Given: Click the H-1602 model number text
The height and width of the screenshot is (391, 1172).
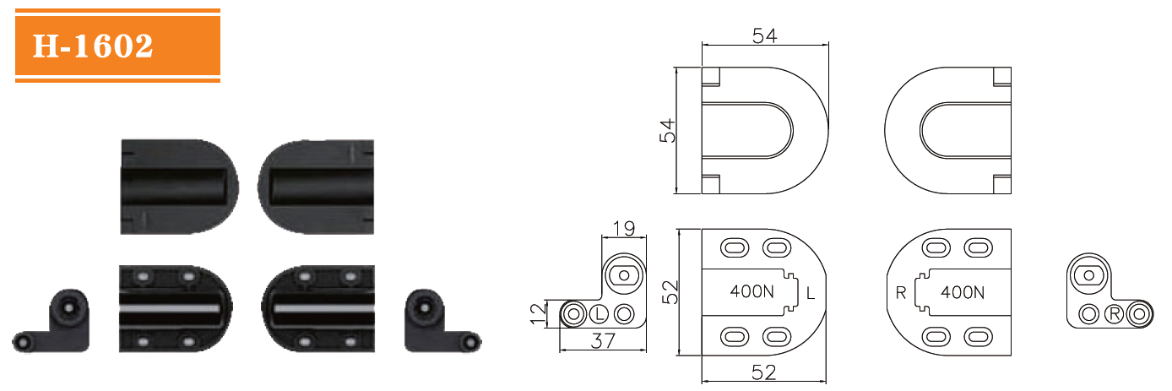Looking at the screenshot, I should click(93, 46).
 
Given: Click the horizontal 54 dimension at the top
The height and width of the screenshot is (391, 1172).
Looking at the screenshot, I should click(764, 35).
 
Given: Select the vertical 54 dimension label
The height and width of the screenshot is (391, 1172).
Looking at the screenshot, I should click(667, 131).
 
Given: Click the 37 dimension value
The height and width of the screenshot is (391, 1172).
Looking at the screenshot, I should click(602, 340).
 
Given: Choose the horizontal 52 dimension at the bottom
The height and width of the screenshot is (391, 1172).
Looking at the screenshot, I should click(764, 372).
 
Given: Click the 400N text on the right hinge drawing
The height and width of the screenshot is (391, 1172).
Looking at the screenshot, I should click(963, 293).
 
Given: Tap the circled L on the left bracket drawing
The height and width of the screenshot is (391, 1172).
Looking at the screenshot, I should click(599, 314).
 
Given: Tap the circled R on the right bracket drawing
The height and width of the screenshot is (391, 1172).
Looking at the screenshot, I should click(1115, 314).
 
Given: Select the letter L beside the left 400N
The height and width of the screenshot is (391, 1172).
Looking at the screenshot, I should click(811, 293).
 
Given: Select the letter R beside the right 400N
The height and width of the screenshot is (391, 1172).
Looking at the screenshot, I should click(902, 293).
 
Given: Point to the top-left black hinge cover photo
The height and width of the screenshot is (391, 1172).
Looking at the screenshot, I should click(178, 186).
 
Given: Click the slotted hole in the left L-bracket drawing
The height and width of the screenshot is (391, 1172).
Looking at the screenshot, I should click(625, 274).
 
